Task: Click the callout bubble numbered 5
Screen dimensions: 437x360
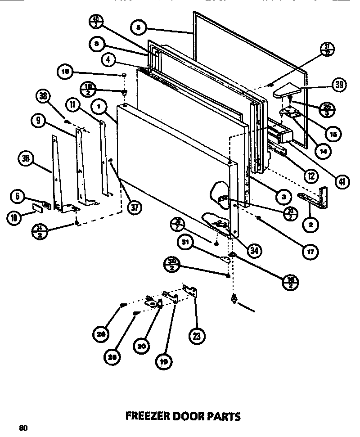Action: pos(138,27)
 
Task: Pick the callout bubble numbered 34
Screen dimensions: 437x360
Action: pos(255,251)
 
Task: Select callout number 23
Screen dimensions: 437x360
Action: pos(198,335)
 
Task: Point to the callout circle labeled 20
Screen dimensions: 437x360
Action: pos(141,347)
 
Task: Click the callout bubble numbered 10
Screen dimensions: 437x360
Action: pos(14,218)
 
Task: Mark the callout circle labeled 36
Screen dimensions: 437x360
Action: pos(25,158)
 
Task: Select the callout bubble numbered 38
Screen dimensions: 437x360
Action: pos(43,96)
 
